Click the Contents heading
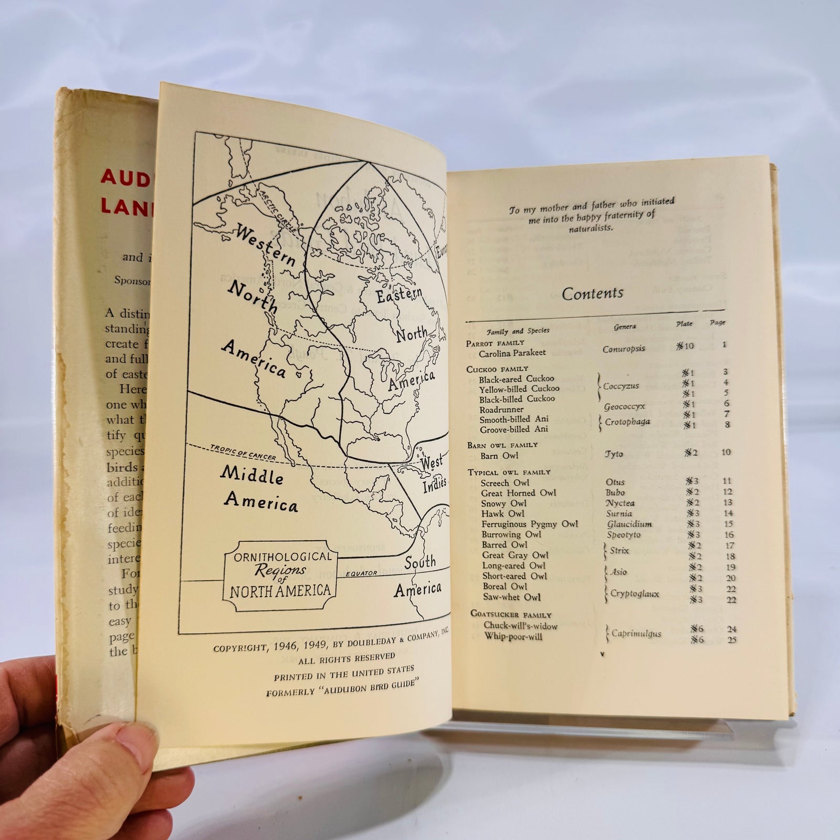[592, 293]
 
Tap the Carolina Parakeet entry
[512, 353]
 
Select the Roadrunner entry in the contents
[501, 409]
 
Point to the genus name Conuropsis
[623, 349]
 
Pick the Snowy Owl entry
[503, 503]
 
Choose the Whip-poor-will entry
[513, 637]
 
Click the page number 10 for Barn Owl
[726, 452]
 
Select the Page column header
[717, 323]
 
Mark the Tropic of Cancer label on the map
[243, 453]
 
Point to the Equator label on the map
[361, 573]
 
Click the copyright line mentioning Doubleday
[331, 642]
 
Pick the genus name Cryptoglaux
[634, 594]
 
